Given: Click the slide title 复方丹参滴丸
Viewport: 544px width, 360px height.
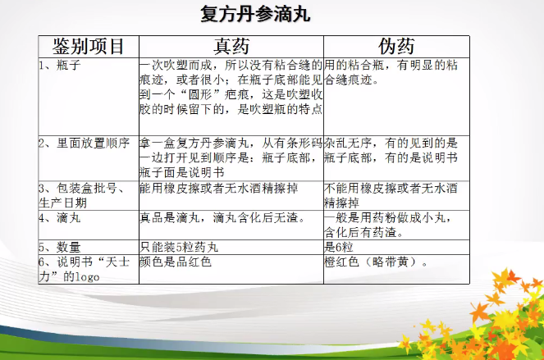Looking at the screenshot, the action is click(x=255, y=15).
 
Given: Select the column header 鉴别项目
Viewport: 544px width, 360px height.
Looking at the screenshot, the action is click(x=88, y=47).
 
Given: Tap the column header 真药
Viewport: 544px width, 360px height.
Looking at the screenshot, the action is click(x=231, y=47).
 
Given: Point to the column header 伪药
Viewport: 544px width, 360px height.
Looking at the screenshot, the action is click(x=396, y=47).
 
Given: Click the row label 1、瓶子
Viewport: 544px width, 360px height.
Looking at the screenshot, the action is click(x=60, y=66).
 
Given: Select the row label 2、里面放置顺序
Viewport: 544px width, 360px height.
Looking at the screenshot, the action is click(x=84, y=144).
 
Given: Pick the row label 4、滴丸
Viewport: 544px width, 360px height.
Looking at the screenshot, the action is click(x=60, y=218).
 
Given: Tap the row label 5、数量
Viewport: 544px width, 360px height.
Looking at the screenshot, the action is click(x=60, y=248).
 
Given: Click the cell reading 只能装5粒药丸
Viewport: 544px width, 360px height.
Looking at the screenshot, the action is click(x=179, y=248).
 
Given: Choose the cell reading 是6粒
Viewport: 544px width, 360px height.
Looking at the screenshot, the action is click(x=339, y=248).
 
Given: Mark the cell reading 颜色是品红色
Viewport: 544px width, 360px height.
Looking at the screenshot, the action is click(x=176, y=262).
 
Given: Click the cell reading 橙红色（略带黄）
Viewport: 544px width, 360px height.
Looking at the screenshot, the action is click(x=377, y=262).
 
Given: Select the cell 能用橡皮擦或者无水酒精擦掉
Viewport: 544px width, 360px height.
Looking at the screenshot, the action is click(x=219, y=189).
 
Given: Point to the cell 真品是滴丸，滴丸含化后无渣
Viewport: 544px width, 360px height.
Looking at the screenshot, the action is click(x=222, y=218).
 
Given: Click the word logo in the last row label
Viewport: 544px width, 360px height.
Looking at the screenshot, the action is click(x=88, y=277).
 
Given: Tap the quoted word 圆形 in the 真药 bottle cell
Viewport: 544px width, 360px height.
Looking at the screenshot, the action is click(x=199, y=94).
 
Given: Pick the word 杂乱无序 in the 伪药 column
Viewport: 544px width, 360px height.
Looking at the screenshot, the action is click(x=348, y=144).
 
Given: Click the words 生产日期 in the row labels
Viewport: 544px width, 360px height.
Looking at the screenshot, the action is click(x=63, y=203).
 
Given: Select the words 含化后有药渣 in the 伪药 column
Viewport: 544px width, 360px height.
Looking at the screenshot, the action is click(x=360, y=232).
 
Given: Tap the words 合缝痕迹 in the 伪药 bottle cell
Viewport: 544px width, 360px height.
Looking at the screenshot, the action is click(x=348, y=80).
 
